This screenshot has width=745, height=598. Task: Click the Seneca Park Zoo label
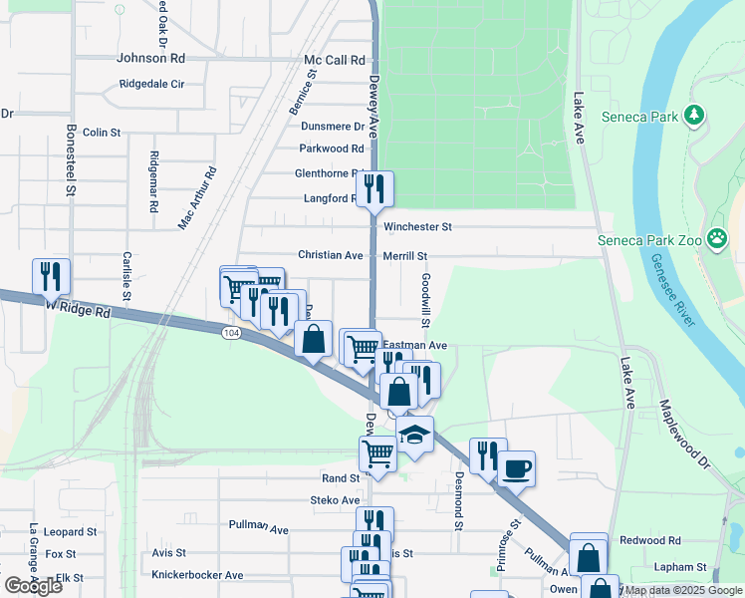tap(649, 239)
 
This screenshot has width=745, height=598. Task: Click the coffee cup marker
tap(515, 467)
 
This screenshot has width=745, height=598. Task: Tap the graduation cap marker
tap(414, 434)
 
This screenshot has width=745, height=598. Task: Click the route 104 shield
tap(231, 332)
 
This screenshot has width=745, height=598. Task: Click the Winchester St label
tap(417, 227)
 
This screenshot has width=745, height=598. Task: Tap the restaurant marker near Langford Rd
tap(374, 188)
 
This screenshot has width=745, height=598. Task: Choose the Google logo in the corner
tap(33, 586)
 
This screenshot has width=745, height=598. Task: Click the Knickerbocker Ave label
tap(197, 575)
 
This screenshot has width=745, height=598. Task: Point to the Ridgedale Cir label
tap(151, 85)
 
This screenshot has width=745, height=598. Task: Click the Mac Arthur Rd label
tap(197, 198)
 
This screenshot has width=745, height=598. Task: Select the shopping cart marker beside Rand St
tap(378, 452)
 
